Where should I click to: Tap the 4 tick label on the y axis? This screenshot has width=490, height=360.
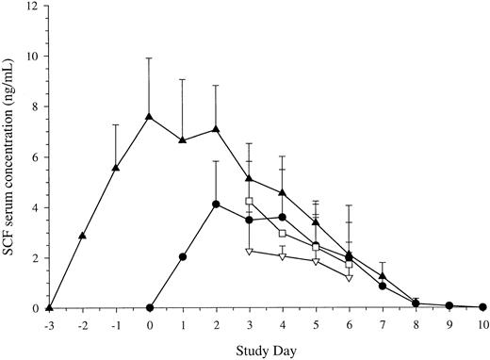(x=34, y=208)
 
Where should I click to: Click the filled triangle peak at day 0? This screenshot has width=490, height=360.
(x=150, y=117)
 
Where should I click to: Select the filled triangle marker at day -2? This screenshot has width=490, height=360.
(x=83, y=236)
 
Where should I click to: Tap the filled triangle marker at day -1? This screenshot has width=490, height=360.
(x=116, y=168)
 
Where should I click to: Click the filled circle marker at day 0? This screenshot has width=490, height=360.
(x=150, y=308)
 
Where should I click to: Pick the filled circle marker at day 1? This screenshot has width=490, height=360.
(x=183, y=256)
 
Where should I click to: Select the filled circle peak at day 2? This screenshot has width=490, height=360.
(x=217, y=204)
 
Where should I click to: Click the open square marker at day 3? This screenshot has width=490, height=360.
(x=250, y=201)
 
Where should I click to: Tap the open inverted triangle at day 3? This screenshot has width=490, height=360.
(x=250, y=252)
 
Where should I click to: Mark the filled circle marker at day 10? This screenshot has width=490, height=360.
(x=482, y=307)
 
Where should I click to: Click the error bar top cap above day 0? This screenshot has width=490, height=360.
(x=150, y=58)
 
